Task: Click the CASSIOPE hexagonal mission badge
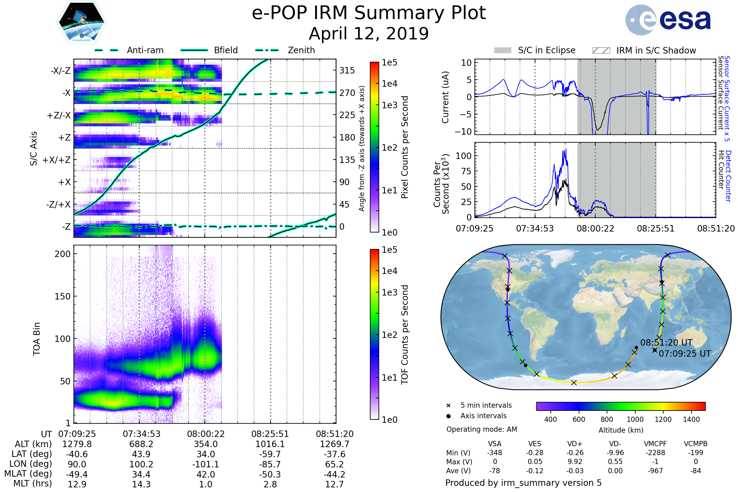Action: click(81, 22)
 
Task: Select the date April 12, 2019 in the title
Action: click(369, 34)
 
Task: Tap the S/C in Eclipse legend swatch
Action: click(502, 50)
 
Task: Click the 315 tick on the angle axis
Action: click(347, 71)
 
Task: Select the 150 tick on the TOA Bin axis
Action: click(62, 296)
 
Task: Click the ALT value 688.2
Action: click(141, 444)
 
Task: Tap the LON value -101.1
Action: click(205, 464)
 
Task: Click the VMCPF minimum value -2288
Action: click(655, 453)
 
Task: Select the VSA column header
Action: click(494, 444)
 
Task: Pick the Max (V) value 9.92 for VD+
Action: click(575, 462)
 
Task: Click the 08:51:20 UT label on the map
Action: click(666, 343)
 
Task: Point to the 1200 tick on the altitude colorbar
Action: click(663, 419)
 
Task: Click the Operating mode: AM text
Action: click(482, 429)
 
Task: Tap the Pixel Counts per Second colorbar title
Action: click(405, 147)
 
